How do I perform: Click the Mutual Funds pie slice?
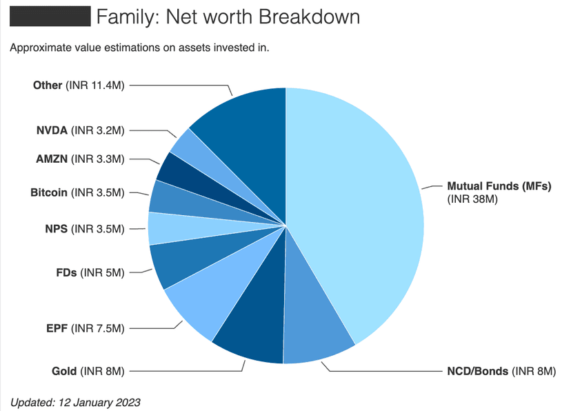[359, 207]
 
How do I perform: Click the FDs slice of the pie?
[172, 265]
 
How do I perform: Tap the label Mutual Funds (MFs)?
[499, 186]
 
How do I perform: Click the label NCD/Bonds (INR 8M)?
[497, 372]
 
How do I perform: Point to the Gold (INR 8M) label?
[88, 372]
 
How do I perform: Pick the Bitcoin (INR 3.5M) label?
[77, 192]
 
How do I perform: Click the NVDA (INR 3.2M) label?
[80, 130]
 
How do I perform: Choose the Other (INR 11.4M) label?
[79, 86]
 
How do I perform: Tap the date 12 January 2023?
[100, 401]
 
